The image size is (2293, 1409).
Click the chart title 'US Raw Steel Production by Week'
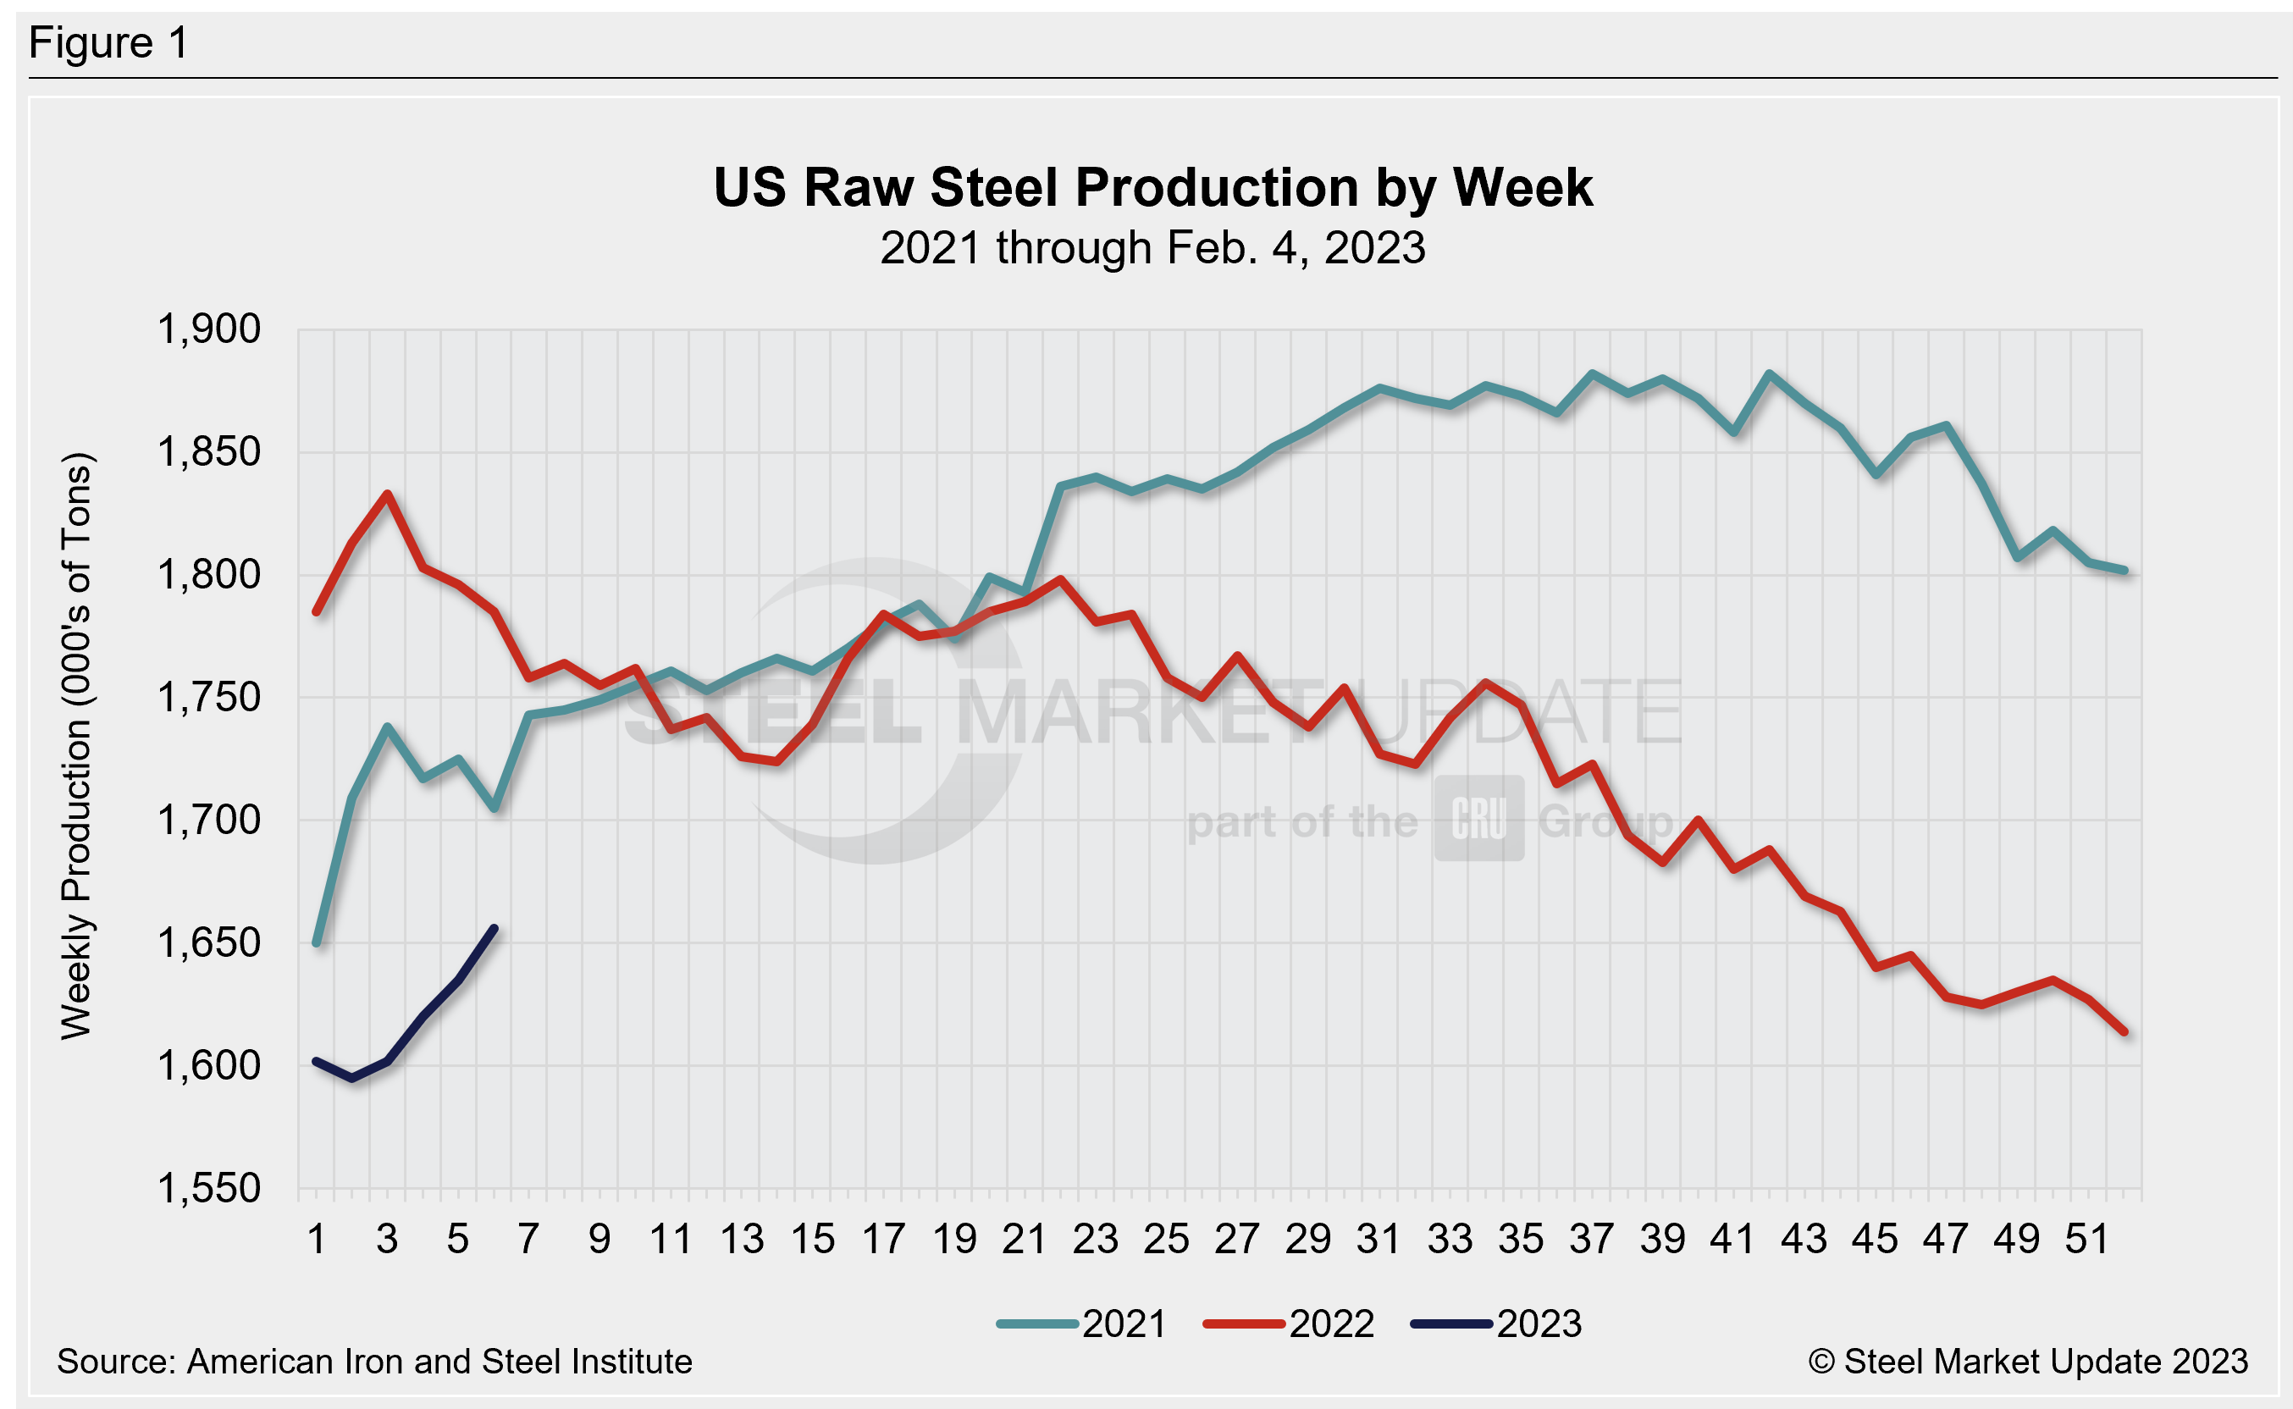click(1152, 188)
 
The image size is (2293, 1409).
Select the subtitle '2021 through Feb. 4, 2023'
click(1152, 249)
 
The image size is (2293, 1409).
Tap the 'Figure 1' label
click(108, 44)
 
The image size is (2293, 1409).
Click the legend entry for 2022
click(1290, 1324)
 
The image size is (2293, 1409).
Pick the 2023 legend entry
click(1497, 1324)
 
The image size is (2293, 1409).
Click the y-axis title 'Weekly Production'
click(76, 745)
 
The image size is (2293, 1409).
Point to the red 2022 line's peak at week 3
click(388, 494)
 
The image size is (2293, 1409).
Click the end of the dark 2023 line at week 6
click(494, 929)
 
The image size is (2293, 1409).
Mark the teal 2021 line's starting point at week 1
click(317, 943)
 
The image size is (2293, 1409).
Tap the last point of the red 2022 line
click(2124, 1032)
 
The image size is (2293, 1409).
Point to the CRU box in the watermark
click(1478, 818)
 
